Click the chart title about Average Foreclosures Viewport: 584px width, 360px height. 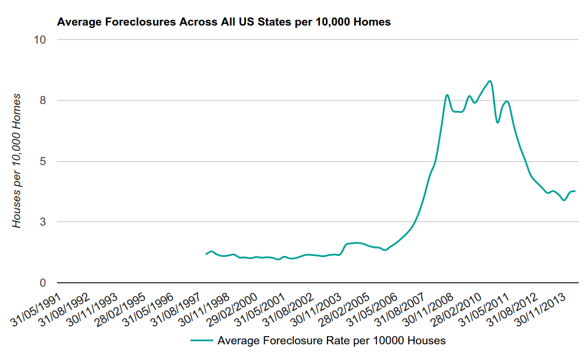[223, 22]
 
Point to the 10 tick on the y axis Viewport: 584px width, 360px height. [41, 40]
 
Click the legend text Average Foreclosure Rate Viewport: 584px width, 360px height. [331, 340]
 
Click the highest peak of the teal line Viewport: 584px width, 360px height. [490, 81]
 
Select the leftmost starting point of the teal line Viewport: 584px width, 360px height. [206, 254]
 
